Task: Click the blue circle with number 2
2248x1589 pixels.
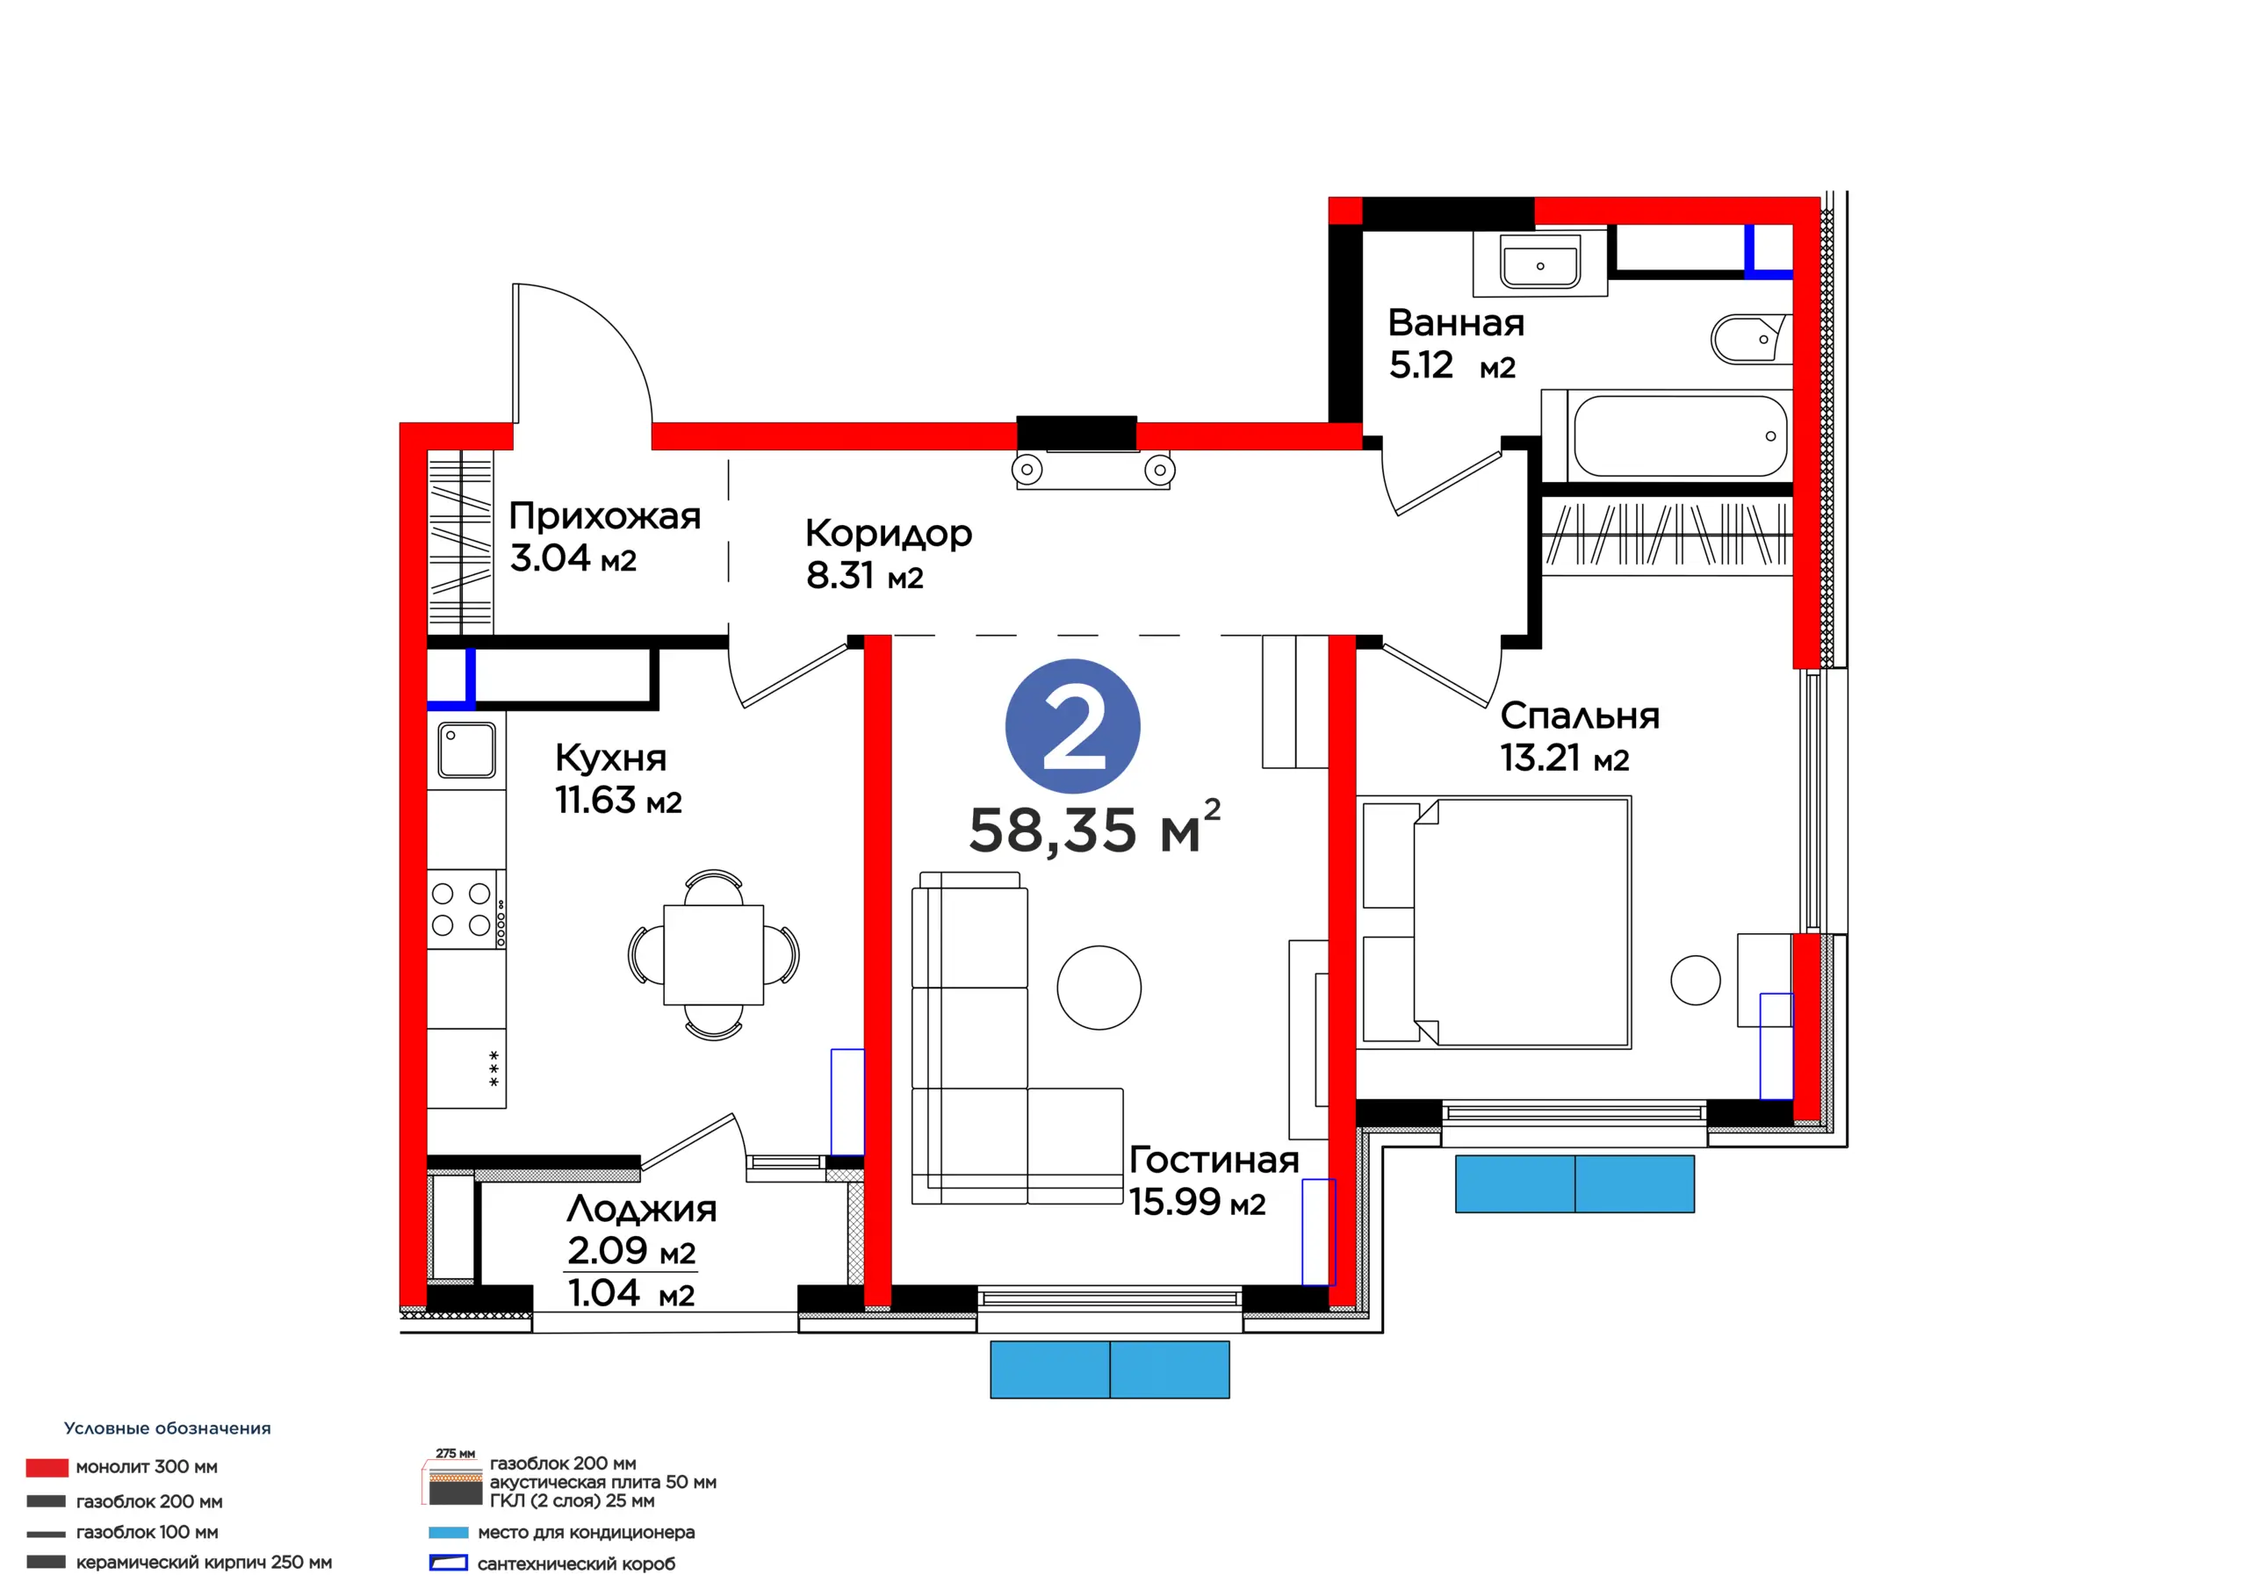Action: point(1072,725)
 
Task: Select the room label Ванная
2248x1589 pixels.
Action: point(1456,322)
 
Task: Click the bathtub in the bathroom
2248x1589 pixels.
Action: point(1679,435)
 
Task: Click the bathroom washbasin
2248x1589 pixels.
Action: point(1540,263)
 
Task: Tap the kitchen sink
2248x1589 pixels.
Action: point(466,750)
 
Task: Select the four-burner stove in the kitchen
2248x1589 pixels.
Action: point(466,909)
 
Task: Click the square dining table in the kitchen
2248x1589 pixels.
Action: point(713,954)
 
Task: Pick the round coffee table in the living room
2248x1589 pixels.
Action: point(1099,987)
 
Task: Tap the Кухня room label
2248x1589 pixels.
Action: point(610,757)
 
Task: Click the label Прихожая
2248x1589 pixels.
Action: point(604,516)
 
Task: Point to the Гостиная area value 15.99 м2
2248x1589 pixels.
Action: point(1197,1202)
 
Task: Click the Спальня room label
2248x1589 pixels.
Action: point(1579,715)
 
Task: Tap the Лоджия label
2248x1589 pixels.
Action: point(641,1209)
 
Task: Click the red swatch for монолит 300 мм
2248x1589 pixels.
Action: point(47,1467)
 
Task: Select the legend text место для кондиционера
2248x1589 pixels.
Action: point(586,1532)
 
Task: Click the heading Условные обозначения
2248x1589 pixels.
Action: point(168,1428)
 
